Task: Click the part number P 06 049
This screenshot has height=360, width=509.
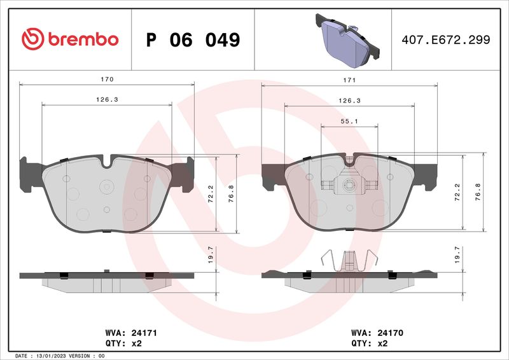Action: [193, 39]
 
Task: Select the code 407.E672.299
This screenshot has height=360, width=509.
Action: [445, 40]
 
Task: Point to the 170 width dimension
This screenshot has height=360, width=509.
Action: [107, 80]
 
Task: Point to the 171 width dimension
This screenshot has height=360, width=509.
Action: [349, 80]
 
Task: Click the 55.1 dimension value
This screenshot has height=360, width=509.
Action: [349, 121]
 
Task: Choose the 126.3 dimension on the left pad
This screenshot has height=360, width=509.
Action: [107, 100]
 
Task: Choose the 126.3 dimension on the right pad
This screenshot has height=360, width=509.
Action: [349, 100]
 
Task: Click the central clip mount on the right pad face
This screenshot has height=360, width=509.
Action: [349, 185]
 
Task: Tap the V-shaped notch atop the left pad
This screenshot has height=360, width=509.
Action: [107, 161]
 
